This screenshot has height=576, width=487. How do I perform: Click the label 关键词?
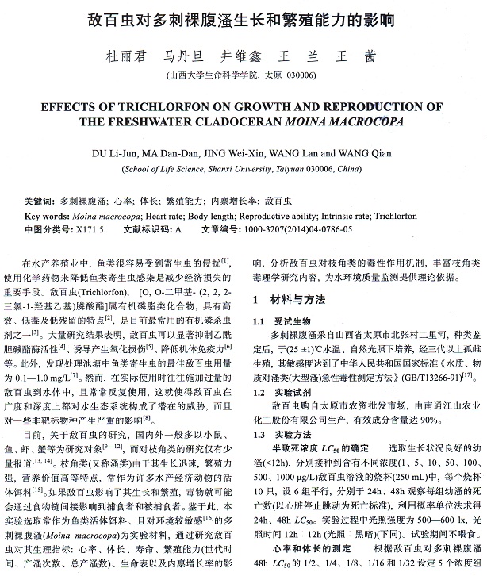(x=39, y=202)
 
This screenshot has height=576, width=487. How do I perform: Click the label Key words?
(x=45, y=216)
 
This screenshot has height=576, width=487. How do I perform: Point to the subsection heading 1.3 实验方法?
(x=278, y=435)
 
